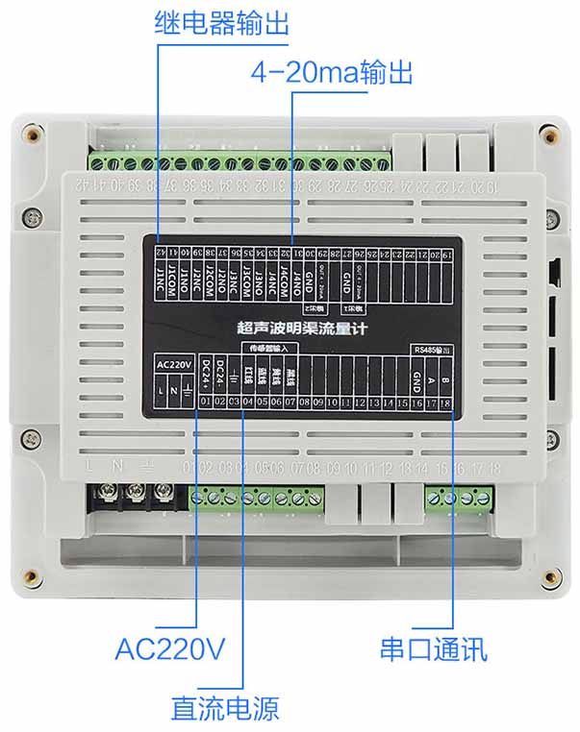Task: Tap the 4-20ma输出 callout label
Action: [x=331, y=73]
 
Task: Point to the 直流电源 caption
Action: [x=225, y=708]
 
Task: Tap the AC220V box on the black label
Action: [x=174, y=365]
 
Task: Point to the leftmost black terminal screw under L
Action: [x=104, y=496]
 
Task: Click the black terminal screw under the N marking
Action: [x=133, y=496]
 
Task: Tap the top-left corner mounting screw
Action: [x=34, y=134]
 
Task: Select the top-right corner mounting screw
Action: [x=547, y=134]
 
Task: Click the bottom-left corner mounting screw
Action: [x=34, y=577]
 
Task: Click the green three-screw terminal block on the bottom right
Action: [x=460, y=497]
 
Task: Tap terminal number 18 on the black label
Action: [x=446, y=403]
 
